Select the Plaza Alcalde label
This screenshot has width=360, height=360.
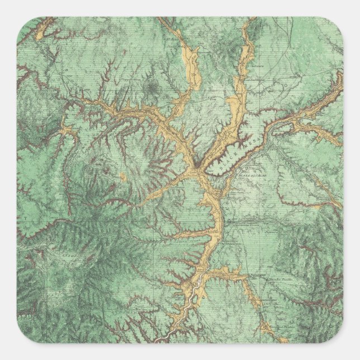tap(251, 174)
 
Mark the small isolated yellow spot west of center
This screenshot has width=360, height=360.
tap(122, 177)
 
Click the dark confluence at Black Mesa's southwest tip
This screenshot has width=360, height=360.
tap(197, 165)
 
